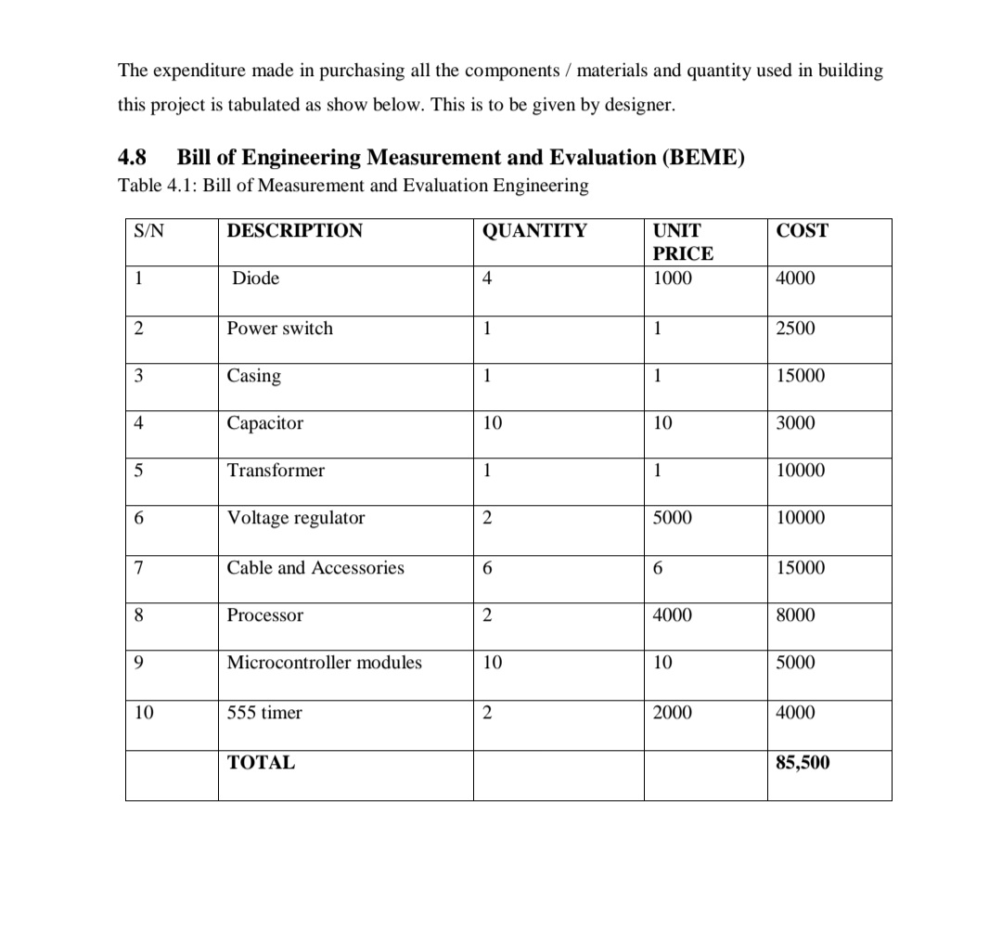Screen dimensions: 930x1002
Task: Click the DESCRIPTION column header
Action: click(295, 231)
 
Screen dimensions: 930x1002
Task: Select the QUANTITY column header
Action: click(534, 231)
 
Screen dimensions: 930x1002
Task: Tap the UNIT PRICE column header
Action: click(683, 242)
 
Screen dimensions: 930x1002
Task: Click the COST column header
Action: click(802, 231)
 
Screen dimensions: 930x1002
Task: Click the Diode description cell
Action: click(255, 278)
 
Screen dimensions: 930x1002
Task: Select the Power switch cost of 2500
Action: click(795, 329)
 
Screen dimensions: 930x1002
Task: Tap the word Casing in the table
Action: click(254, 376)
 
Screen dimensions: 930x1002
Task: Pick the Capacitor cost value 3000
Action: click(795, 423)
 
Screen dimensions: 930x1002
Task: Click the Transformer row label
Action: click(276, 471)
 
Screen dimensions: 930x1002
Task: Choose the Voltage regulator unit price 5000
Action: click(672, 518)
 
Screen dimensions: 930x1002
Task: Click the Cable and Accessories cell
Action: click(315, 568)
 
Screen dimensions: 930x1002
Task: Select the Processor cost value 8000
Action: click(795, 615)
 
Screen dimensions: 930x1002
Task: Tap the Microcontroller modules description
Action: click(324, 663)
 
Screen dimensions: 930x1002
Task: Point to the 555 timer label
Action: click(264, 713)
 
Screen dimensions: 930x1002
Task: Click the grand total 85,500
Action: click(803, 763)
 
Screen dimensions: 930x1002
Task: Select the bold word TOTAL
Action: click(261, 763)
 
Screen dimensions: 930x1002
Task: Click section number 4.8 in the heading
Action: click(135, 157)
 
